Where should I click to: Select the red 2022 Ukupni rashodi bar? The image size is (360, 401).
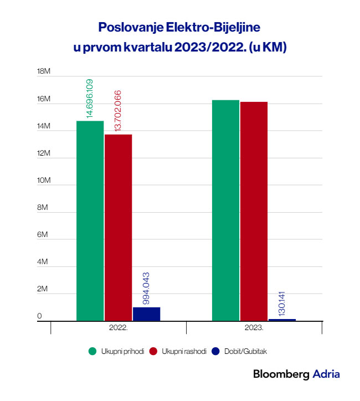tap(118, 227)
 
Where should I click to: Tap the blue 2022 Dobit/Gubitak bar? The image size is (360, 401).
tap(146, 313)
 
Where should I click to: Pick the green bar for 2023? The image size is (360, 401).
tap(225, 210)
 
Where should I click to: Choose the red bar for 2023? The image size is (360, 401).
tap(254, 211)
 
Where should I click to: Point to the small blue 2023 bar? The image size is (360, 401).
tap(282, 320)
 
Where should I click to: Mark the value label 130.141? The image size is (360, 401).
tap(282, 302)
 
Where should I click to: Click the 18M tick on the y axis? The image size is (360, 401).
tap(43, 72)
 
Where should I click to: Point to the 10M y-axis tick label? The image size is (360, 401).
tap(43, 181)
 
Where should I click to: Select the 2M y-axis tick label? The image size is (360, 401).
tap(43, 289)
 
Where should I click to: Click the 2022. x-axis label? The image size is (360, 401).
tap(119, 328)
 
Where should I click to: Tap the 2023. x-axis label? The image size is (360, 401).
tap(254, 328)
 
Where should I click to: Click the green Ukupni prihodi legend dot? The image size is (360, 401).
tap(93, 351)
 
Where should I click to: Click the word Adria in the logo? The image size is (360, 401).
tap(326, 374)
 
